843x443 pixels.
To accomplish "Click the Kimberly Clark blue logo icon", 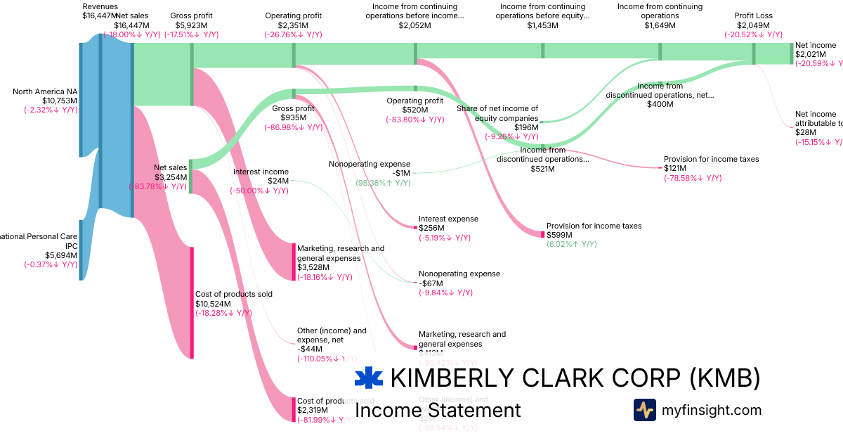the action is (x=369, y=378).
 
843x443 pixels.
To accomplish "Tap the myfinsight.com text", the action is (x=711, y=410).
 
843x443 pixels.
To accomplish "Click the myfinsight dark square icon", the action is (x=644, y=410).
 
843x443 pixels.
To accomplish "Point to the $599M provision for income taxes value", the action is (x=559, y=235).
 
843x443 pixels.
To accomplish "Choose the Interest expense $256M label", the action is (x=448, y=219).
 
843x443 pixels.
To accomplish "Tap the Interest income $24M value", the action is (x=278, y=181).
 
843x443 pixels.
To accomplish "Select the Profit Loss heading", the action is (x=753, y=15).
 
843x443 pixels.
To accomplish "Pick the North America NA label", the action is (x=45, y=91).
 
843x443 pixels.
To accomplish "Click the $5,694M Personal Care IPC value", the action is (x=61, y=255).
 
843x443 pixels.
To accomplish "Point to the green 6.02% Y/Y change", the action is (x=571, y=244).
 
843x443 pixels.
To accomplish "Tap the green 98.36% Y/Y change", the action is (x=383, y=183).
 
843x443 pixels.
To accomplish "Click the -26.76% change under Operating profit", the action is (x=293, y=34).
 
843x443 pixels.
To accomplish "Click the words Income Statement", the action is (x=438, y=411).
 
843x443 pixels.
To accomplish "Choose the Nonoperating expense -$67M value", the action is (x=431, y=283).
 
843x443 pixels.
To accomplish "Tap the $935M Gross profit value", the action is (x=294, y=118).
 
